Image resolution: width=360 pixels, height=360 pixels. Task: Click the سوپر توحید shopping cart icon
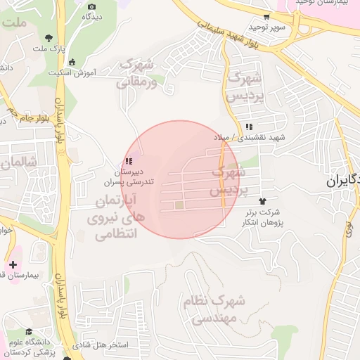(x=266, y=17)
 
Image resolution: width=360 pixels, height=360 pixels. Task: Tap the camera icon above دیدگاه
(x=91, y=7)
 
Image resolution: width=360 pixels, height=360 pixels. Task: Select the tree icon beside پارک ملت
(x=49, y=38)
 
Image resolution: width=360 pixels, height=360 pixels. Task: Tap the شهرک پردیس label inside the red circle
(x=229, y=181)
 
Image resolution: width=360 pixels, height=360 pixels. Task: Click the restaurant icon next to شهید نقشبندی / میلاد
(x=248, y=127)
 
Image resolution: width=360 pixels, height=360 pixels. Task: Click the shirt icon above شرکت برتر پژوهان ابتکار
(x=263, y=201)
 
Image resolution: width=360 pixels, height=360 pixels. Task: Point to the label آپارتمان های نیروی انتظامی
(x=117, y=218)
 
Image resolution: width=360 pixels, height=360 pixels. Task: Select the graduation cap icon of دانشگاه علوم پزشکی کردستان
(x=29, y=332)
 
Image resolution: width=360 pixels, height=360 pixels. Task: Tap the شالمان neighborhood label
(x=18, y=164)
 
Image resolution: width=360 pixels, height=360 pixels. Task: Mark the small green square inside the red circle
(x=179, y=205)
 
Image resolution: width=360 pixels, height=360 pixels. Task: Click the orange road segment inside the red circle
(x=224, y=176)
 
